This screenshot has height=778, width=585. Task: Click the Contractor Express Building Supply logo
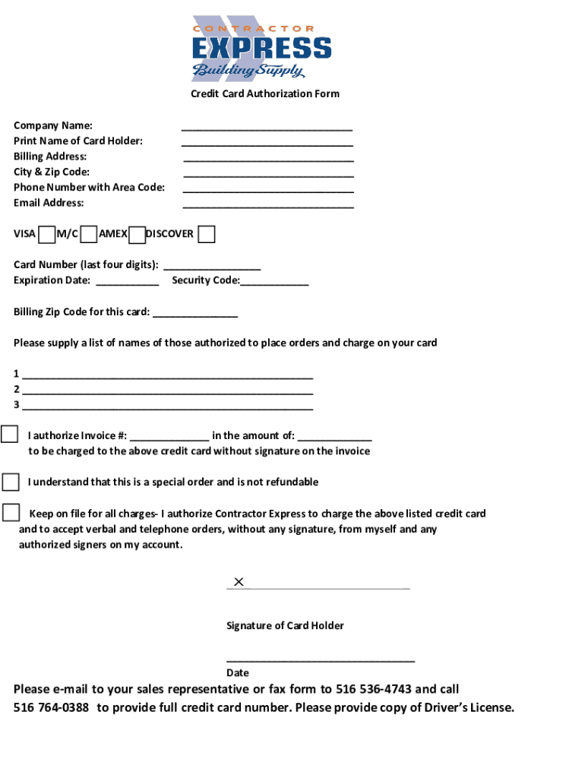(261, 48)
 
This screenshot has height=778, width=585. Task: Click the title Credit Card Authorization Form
(264, 93)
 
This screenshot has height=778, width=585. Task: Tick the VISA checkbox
(46, 234)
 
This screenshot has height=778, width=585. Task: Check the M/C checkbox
(89, 234)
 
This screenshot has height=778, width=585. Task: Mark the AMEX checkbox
(137, 235)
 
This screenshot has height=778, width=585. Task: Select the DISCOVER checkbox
(206, 234)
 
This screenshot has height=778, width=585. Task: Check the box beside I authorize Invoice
(10, 435)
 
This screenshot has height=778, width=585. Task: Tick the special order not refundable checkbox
(11, 482)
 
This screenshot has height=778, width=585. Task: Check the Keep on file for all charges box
(11, 513)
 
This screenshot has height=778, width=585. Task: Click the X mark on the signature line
(239, 582)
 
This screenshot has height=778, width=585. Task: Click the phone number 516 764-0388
(51, 707)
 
